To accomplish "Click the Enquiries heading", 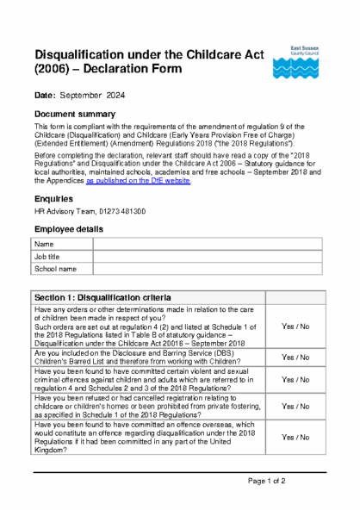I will (56, 199).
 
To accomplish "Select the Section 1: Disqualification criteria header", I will (115, 297).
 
